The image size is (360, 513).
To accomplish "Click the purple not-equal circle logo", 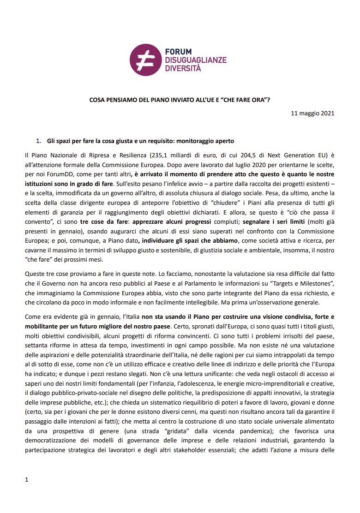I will pos(147,60).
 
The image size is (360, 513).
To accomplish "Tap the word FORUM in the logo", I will pos(178,52).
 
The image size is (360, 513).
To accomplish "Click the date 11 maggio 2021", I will pos(312,113).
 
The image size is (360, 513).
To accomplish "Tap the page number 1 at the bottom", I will pos(27,479).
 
